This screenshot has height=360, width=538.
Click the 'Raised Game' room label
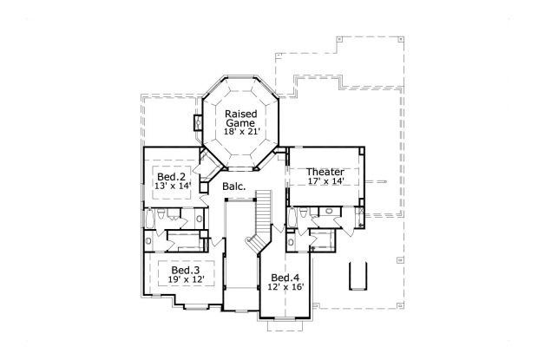[x=239, y=118]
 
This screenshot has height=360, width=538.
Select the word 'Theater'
[x=325, y=172]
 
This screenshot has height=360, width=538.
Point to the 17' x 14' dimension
[x=325, y=182]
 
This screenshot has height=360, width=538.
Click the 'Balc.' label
[x=233, y=187]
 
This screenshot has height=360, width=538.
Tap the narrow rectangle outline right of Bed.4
[x=356, y=275]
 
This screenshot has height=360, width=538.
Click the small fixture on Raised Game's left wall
[x=199, y=122]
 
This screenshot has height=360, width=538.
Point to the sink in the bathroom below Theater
[x=331, y=212]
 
